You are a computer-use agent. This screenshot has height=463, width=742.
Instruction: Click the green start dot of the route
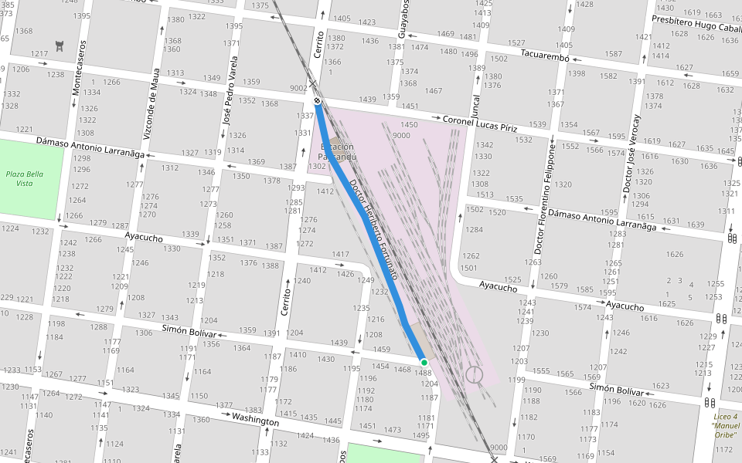pos(424,362)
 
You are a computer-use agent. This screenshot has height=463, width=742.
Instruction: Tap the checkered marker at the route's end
pos(318,100)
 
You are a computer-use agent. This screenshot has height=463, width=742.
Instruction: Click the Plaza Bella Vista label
pos(25,178)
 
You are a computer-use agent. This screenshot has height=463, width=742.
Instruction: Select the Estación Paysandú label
pos(338,151)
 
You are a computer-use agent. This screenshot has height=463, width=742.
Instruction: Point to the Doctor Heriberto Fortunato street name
pos(373,229)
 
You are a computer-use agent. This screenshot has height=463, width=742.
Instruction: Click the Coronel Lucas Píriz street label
pos(479,123)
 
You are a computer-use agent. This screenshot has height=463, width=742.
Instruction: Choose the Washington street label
pos(255,421)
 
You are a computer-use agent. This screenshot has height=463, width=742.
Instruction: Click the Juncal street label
pos(475,102)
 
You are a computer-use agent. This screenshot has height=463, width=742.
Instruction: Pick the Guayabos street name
pos(403,19)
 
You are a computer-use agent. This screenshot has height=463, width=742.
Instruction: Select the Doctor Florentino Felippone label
pos(545,199)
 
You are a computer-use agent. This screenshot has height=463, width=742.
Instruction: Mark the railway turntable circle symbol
pos(474,375)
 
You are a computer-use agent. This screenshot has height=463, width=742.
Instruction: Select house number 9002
pos(298,88)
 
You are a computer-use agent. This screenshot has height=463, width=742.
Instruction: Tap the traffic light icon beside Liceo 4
pos(710,402)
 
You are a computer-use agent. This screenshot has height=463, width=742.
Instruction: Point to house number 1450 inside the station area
pos(409,125)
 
